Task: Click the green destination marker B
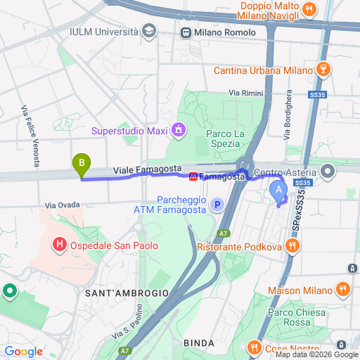pyautogui.click(x=82, y=165)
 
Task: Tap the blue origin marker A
pyautogui.click(x=278, y=189)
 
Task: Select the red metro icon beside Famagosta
pyautogui.click(x=193, y=176)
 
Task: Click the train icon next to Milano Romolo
pyautogui.click(x=186, y=32)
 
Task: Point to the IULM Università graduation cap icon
pyautogui.click(x=148, y=31)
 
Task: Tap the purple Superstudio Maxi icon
pyautogui.click(x=179, y=130)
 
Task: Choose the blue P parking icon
pyautogui.click(x=217, y=205)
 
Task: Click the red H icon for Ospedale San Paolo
pyautogui.click(x=60, y=245)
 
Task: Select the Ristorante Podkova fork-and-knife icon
pyautogui.click(x=293, y=246)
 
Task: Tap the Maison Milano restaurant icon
pyautogui.click(x=342, y=288)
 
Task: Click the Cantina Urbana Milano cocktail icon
pyautogui.click(x=323, y=70)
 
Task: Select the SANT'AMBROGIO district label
pyautogui.click(x=127, y=292)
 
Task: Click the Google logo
pyautogui.click(x=23, y=352)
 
